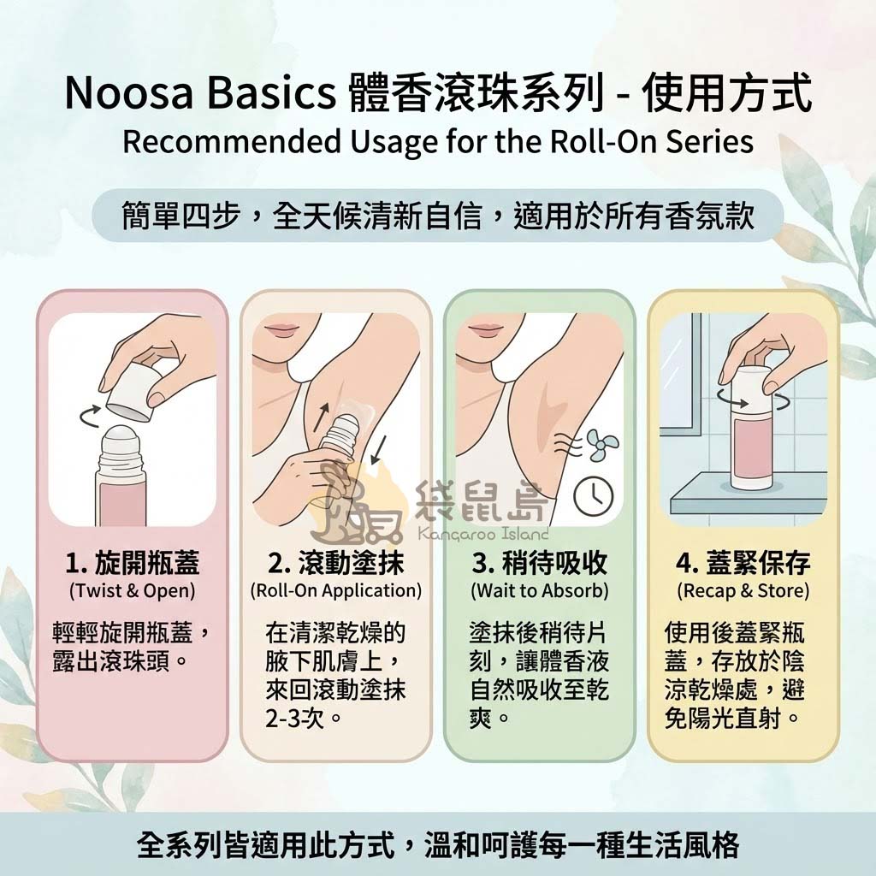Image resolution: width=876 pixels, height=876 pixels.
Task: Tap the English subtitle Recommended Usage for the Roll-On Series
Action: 437,141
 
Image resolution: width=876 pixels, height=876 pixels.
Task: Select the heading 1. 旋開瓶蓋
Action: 133,564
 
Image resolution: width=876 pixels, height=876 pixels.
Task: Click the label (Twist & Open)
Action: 132,590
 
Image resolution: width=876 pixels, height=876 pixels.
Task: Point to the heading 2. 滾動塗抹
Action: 335,564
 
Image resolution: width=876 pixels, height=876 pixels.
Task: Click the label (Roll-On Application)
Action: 335,590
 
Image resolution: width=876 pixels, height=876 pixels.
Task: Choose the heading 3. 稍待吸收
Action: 539,564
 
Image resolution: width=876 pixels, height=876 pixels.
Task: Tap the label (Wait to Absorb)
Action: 539,590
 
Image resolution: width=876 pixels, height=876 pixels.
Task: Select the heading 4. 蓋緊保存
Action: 743,564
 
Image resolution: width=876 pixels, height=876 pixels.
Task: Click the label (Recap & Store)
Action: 743,590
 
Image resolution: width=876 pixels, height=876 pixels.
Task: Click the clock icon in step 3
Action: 593,496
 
